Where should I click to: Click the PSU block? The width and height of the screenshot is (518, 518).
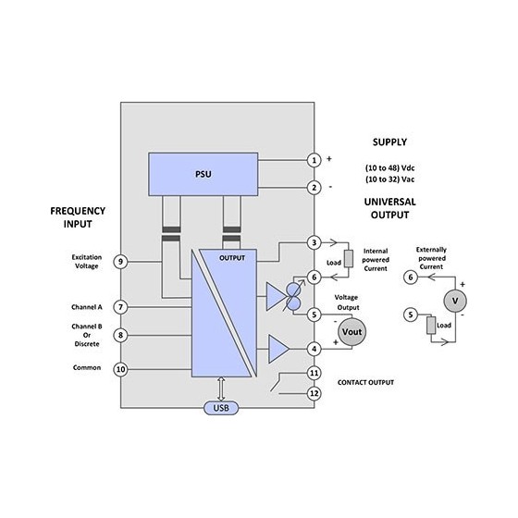point(203,174)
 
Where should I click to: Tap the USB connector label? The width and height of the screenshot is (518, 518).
point(221,408)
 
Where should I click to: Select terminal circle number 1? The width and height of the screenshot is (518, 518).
point(314,160)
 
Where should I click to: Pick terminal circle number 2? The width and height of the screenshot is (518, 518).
point(314,188)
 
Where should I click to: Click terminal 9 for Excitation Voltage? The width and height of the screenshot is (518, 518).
point(120,262)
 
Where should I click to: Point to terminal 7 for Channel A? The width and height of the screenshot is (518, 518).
point(120,307)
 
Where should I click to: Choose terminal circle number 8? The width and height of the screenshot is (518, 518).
point(120,335)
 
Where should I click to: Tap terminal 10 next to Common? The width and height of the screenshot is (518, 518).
point(120,369)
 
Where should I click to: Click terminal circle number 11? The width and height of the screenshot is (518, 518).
point(314,373)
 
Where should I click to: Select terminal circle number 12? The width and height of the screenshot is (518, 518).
point(314,393)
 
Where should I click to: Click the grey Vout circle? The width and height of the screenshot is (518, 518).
point(351,332)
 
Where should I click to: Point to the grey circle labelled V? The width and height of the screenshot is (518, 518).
point(455,301)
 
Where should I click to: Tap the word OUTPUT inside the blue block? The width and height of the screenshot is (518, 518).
point(232,258)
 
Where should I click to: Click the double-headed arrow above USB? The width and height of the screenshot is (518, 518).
point(221,388)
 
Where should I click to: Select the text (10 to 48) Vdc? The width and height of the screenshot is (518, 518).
point(389,167)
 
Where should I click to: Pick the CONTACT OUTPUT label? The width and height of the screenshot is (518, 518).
point(365,383)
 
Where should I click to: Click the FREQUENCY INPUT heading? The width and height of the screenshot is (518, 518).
point(78,217)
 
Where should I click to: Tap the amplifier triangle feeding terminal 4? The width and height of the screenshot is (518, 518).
point(278,349)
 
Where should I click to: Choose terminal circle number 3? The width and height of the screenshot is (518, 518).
point(314,242)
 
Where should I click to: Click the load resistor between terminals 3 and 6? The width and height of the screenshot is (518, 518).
point(349,258)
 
